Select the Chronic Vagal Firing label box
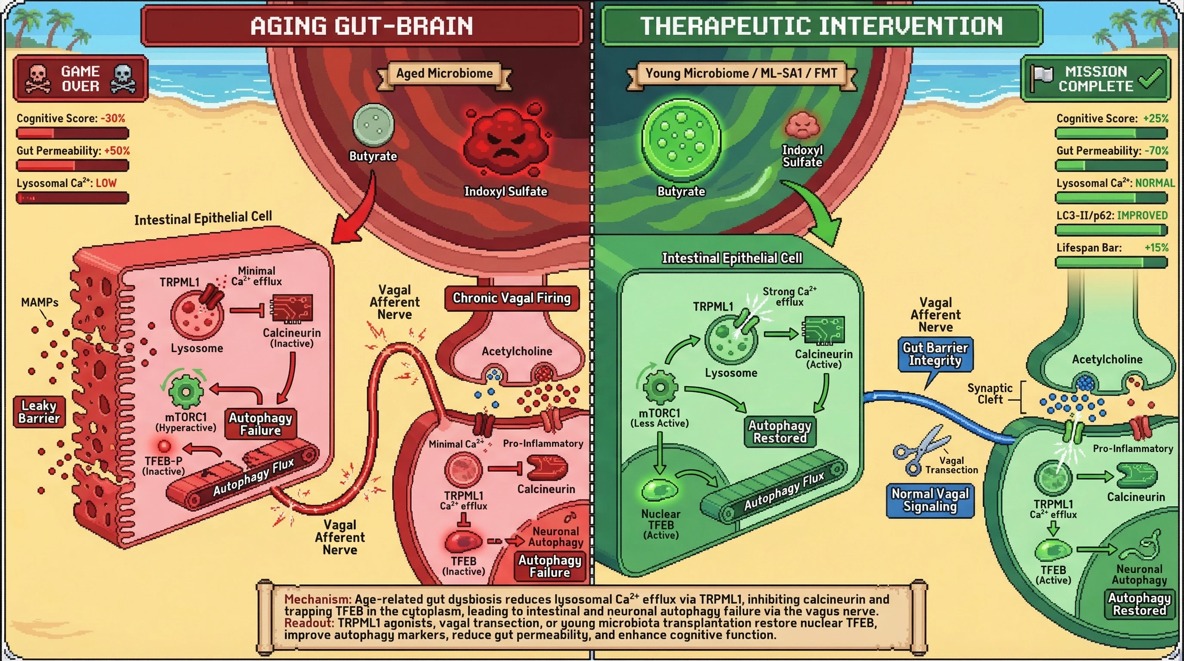[512, 298]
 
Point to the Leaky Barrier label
[39, 412]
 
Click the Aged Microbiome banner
[444, 74]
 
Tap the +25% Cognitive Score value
[1156, 119]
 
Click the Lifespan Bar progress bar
[1111, 263]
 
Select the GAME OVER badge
[80, 79]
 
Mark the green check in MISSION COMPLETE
[1150, 79]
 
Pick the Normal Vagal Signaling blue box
[930, 500]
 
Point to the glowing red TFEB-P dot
[164, 445]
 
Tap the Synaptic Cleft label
[990, 394]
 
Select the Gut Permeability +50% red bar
[73, 166]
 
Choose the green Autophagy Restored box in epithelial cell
[780, 432]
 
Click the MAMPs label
[40, 303]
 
